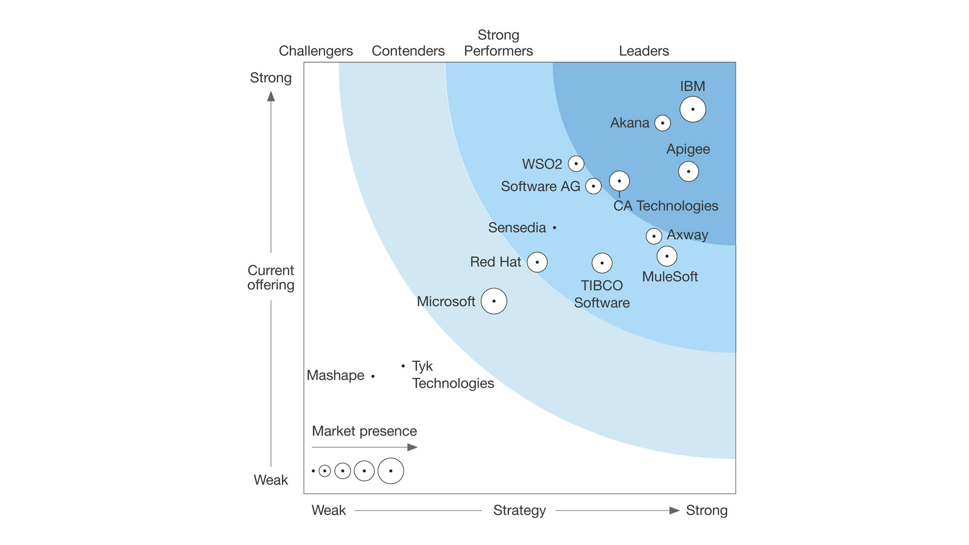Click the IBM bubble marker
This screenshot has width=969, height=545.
(693, 109)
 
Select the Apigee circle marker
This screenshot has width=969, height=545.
(689, 171)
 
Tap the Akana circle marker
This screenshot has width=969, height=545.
(662, 123)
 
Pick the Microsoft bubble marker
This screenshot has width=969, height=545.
(494, 301)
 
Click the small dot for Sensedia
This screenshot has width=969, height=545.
(554, 228)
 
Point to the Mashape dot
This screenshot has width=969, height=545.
(373, 376)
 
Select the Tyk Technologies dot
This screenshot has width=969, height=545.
(403, 366)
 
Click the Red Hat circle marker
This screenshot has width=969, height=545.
(537, 262)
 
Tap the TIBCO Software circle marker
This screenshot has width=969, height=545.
(602, 263)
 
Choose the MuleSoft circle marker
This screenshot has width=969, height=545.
(667, 256)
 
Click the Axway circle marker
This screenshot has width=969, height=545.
(654, 236)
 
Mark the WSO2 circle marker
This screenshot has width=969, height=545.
(576, 163)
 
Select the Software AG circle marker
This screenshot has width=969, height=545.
(593, 186)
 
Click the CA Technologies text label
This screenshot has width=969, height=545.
(665, 206)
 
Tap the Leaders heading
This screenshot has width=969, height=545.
(644, 51)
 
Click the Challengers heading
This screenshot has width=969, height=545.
(316, 51)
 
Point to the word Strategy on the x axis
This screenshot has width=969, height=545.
(519, 510)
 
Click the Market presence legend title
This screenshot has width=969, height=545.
(364, 431)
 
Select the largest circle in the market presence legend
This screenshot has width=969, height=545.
(390, 471)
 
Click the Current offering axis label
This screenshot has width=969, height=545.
(271, 277)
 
